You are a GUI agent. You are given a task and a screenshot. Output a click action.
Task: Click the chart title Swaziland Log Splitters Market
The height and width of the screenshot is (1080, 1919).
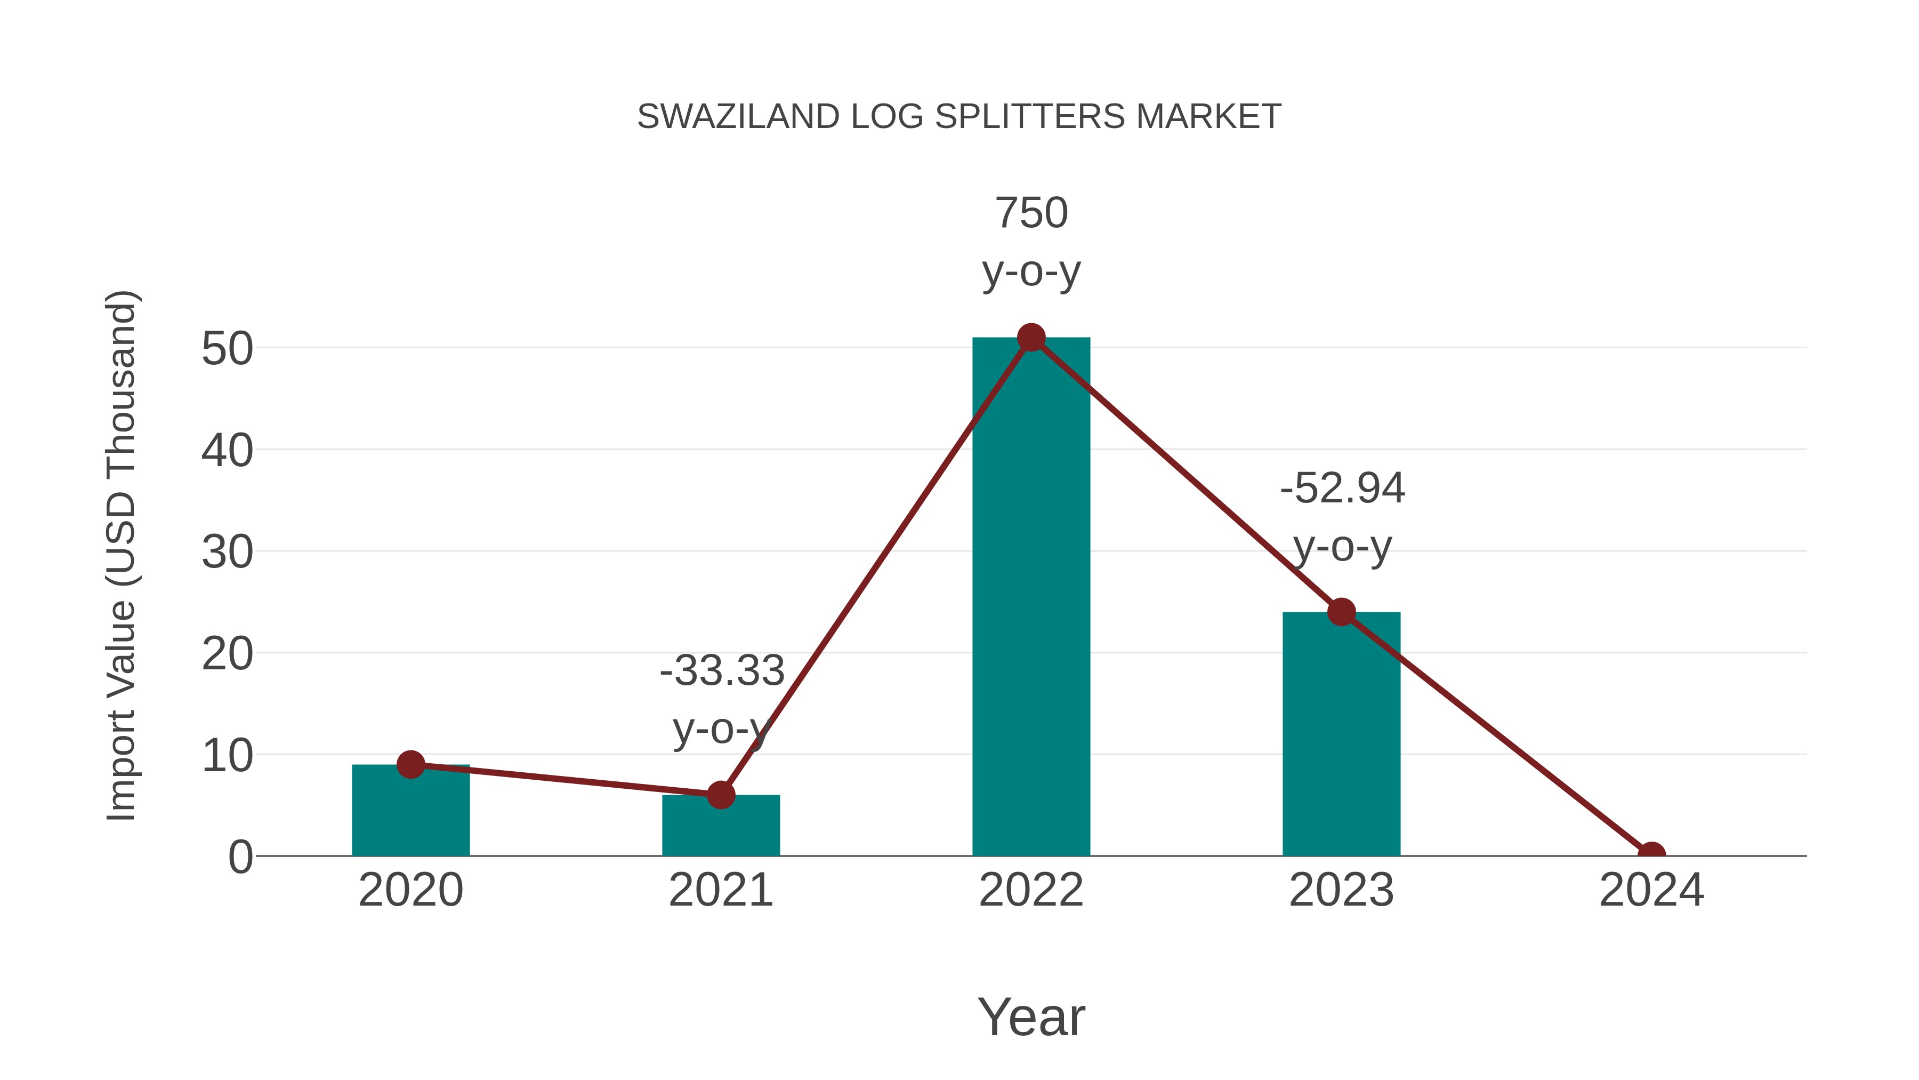(x=959, y=116)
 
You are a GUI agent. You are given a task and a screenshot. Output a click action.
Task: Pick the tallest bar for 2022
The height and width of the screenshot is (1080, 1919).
(x=1031, y=596)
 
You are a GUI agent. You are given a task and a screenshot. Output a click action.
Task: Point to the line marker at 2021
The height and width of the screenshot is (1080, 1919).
(x=720, y=795)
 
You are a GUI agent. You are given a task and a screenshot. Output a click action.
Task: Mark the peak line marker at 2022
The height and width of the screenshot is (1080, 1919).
(x=1031, y=338)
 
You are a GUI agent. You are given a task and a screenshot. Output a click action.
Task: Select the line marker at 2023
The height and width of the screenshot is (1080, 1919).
(x=1341, y=612)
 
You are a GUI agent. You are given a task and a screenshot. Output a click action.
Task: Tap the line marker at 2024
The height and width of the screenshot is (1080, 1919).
(x=1651, y=854)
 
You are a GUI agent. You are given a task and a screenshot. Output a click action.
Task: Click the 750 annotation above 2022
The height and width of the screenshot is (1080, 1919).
(x=1031, y=213)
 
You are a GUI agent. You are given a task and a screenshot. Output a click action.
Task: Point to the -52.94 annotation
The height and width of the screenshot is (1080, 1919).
(x=1342, y=489)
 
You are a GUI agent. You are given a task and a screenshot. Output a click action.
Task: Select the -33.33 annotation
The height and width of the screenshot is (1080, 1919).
(x=721, y=671)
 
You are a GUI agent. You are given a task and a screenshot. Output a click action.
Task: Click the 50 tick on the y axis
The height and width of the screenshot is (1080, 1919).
(x=227, y=349)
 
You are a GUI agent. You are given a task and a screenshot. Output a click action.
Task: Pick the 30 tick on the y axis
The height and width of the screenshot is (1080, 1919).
(x=227, y=553)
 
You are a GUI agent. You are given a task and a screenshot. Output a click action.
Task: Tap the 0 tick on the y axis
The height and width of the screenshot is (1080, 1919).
(x=240, y=857)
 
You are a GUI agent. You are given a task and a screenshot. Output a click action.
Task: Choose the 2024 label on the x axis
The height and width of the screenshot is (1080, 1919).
(x=1651, y=890)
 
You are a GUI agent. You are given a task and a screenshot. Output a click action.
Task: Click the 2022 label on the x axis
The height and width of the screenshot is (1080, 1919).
(x=1031, y=890)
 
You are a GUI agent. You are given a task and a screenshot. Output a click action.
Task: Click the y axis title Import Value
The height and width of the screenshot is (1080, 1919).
(x=120, y=555)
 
